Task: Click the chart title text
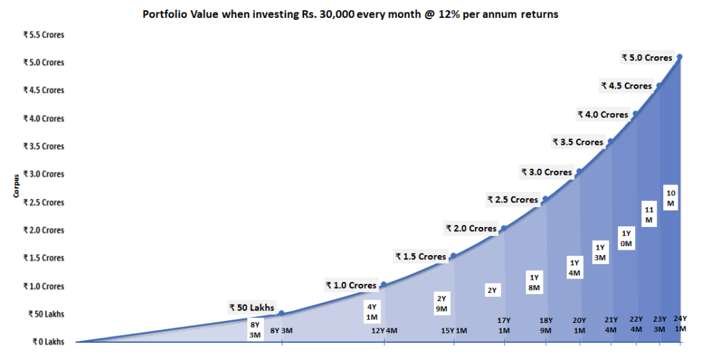click(350, 14)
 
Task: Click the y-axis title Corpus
click(15, 187)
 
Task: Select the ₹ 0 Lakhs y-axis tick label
click(45, 341)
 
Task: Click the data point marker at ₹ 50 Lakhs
click(282, 313)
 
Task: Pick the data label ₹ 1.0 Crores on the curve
click(351, 285)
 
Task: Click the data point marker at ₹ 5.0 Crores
click(679, 57)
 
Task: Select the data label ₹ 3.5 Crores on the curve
click(578, 142)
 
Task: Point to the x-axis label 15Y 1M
click(454, 331)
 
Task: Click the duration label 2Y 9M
click(442, 303)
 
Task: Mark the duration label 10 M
click(671, 197)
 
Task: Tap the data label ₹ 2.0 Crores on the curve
click(471, 228)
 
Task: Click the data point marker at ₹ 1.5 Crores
click(453, 256)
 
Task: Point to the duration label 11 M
click(649, 215)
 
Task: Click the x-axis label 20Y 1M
click(580, 324)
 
